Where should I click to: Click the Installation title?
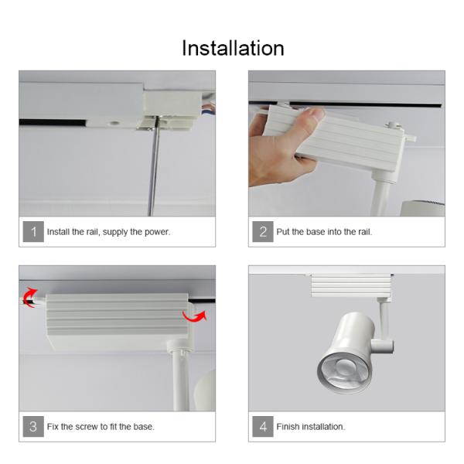click(x=233, y=48)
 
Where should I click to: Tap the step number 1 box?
click(x=33, y=231)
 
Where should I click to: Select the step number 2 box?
click(x=263, y=231)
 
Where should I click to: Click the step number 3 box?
click(x=33, y=426)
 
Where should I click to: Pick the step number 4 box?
click(x=263, y=426)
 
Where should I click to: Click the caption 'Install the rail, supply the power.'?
click(x=108, y=232)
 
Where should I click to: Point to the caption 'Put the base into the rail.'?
click(x=324, y=232)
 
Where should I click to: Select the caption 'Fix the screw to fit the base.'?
click(x=101, y=427)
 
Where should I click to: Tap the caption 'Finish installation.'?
click(x=311, y=427)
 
